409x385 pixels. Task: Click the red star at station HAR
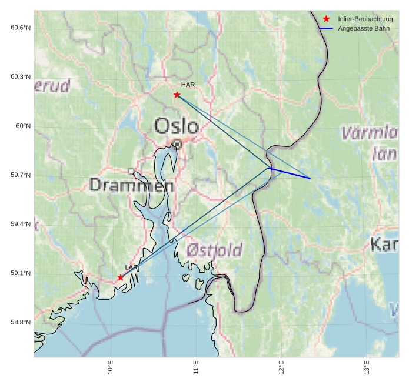point(177,95)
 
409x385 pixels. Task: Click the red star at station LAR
point(121,277)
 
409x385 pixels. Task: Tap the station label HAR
point(188,85)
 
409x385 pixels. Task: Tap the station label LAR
point(131,267)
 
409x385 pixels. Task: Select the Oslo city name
point(177,126)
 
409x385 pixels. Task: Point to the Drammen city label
point(131,186)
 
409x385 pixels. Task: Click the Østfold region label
point(214,250)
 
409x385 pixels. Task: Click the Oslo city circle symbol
point(177,143)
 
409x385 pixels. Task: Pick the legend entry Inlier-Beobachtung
point(365,19)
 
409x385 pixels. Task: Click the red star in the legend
point(326,19)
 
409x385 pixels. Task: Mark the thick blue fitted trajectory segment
point(290,173)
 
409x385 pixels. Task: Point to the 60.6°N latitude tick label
point(21,28)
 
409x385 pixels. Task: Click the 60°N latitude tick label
point(23,126)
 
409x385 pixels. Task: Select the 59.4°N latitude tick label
point(21,224)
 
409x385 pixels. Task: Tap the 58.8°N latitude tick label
point(21,322)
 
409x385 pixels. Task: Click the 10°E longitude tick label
point(111,368)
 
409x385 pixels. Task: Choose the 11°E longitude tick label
point(196,368)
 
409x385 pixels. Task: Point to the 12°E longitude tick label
point(281,368)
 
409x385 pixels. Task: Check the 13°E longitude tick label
point(367,368)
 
